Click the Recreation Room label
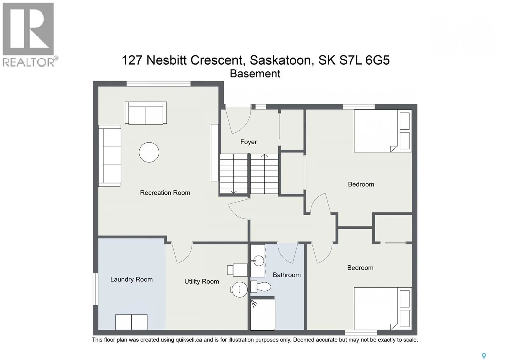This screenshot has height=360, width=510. (165, 193)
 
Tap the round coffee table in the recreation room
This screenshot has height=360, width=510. (149, 152)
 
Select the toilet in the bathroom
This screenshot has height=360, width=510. (261, 286)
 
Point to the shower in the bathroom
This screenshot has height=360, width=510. (263, 314)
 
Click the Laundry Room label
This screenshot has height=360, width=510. (131, 279)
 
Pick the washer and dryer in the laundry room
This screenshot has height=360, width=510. (131, 322)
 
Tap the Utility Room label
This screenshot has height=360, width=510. (201, 281)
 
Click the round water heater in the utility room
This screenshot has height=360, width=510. (239, 290)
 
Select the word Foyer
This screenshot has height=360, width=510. (248, 142)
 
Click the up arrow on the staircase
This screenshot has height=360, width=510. (265, 156)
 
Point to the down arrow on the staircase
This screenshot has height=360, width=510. (234, 191)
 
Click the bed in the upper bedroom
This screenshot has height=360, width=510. (382, 131)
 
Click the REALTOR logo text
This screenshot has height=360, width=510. (29, 62)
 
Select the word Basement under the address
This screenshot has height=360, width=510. (255, 74)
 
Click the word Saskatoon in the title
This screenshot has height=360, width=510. (280, 60)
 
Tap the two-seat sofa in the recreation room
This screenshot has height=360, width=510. (146, 113)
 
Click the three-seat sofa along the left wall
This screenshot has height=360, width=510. (109, 155)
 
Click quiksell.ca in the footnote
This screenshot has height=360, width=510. (188, 340)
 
